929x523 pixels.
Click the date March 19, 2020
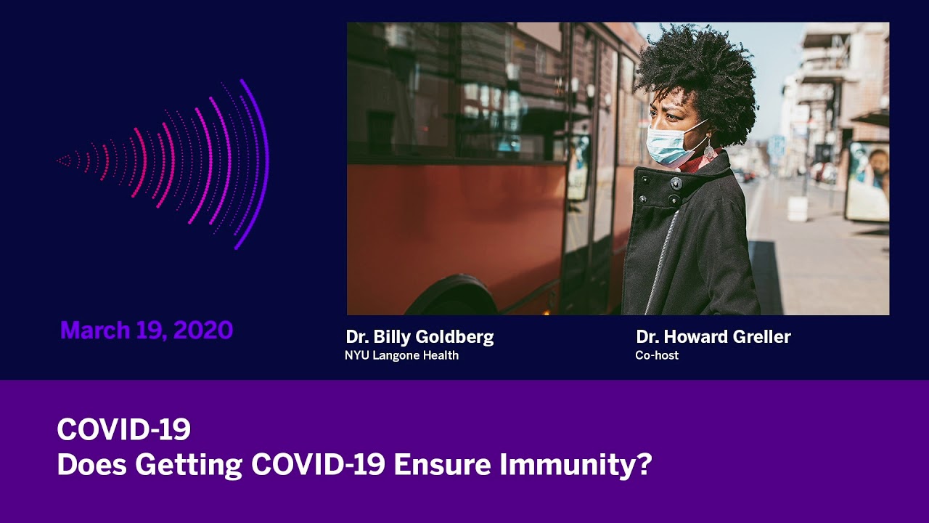pos(147,331)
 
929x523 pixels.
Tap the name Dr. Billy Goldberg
pos(420,337)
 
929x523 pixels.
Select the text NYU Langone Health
pos(401,355)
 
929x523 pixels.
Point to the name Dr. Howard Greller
pos(713,336)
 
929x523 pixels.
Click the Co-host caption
pos(657,355)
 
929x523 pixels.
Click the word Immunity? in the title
pos(576,465)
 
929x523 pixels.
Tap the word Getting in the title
pos(189,465)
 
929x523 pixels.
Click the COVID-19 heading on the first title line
pos(124,429)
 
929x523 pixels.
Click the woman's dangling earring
pos(710,150)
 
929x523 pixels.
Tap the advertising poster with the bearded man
pos(868,182)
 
